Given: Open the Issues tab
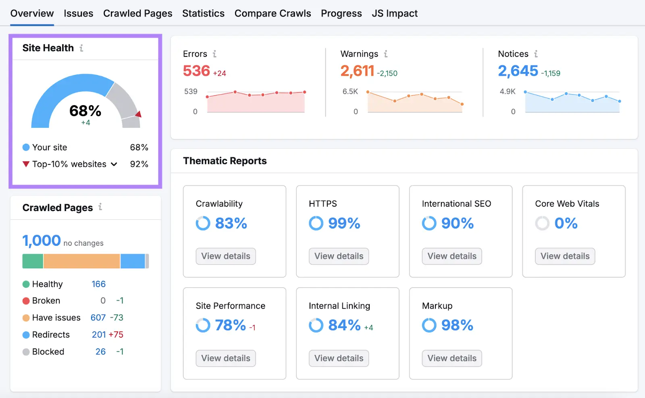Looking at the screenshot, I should pyautogui.click(x=78, y=13).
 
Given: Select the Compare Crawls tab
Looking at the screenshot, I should pyautogui.click(x=273, y=13).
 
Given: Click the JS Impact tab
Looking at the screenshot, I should pyautogui.click(x=394, y=13).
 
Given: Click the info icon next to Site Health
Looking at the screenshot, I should pyautogui.click(x=81, y=48).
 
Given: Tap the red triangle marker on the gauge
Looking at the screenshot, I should pyautogui.click(x=138, y=114).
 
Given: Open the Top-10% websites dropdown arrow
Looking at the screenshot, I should pyautogui.click(x=114, y=164).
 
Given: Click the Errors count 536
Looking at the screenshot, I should pyautogui.click(x=196, y=71).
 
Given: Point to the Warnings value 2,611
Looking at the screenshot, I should pyautogui.click(x=357, y=71).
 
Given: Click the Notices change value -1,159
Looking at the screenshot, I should pyautogui.click(x=550, y=73).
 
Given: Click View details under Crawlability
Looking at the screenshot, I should pyautogui.click(x=226, y=256).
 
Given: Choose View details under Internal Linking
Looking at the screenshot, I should pyautogui.click(x=339, y=358).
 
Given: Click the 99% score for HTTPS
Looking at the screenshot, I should pyautogui.click(x=344, y=223).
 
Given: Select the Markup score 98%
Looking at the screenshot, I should pyautogui.click(x=457, y=325).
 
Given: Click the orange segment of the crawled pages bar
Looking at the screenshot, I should pyautogui.click(x=81, y=261).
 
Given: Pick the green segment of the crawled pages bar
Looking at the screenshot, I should pyautogui.click(x=33, y=261).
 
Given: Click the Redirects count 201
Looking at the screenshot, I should pyautogui.click(x=99, y=335).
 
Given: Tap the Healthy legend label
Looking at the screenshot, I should pyautogui.click(x=47, y=284).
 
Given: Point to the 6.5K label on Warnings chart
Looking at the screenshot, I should pyautogui.click(x=350, y=91).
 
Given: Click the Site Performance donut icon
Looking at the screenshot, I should pyautogui.click(x=203, y=325).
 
